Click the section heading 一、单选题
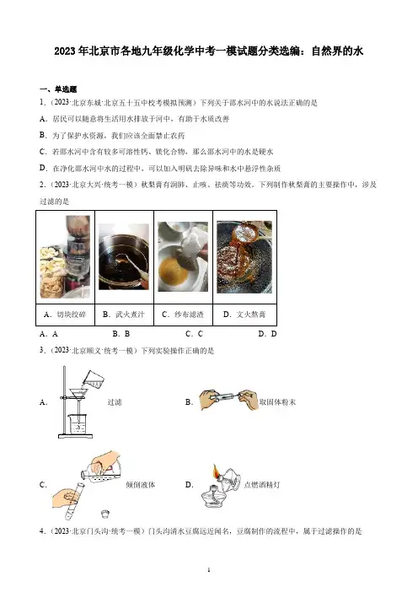click(x=58, y=89)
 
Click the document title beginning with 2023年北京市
click(x=209, y=51)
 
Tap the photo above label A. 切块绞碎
click(x=65, y=257)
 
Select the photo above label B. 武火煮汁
click(x=124, y=256)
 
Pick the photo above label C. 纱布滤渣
click(x=183, y=256)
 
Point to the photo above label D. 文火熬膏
click(x=244, y=257)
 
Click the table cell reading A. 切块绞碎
click(x=65, y=315)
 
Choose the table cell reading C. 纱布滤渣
click(x=184, y=315)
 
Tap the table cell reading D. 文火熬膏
click(x=245, y=315)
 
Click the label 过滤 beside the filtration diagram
click(x=115, y=402)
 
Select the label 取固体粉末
click(x=277, y=402)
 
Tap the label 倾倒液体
click(x=141, y=485)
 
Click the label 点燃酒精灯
click(x=262, y=485)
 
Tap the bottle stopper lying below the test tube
click(x=105, y=514)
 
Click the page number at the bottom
click(x=209, y=570)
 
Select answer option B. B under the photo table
click(x=121, y=334)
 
